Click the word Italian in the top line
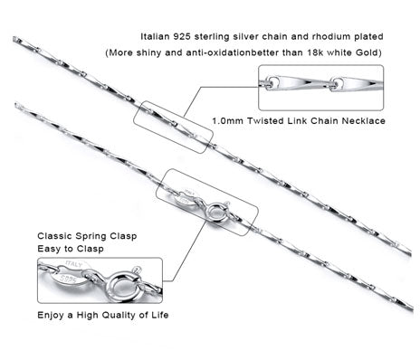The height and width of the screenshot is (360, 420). point(155,37)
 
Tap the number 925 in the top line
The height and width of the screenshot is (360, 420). point(182,37)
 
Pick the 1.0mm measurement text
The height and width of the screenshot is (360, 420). point(228,121)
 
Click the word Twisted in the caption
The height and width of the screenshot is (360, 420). point(265,121)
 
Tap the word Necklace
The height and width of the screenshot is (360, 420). point(363,121)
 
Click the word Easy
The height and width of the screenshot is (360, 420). point(48,249)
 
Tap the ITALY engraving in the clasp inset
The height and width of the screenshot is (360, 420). point(74,264)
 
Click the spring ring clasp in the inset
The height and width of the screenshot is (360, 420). point(123,287)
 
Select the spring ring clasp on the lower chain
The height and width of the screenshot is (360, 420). point(217,212)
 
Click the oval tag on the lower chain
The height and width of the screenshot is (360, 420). point(186,197)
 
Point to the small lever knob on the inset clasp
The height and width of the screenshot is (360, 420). point(138,269)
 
